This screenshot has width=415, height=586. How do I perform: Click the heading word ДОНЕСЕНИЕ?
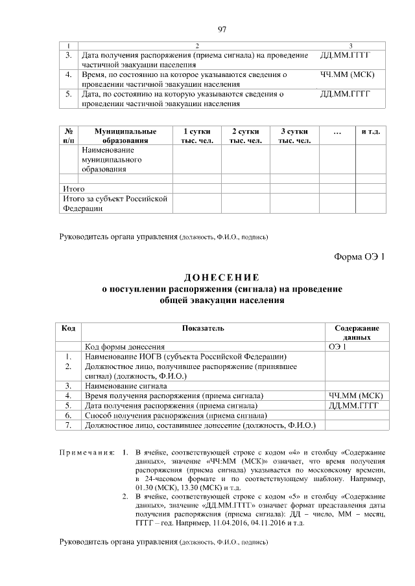tap(222, 278)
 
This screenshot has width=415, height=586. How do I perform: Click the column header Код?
tap(68, 328)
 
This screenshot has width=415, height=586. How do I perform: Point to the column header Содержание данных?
tap(357, 333)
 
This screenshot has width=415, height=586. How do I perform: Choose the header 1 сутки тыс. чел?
tap(196, 135)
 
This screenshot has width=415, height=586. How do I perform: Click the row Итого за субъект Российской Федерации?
tap(115, 203)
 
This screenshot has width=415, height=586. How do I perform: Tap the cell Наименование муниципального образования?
tap(108, 159)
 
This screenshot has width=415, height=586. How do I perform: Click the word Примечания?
tap(87, 451)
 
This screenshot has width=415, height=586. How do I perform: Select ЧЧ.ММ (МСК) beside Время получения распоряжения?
tap(356, 395)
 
